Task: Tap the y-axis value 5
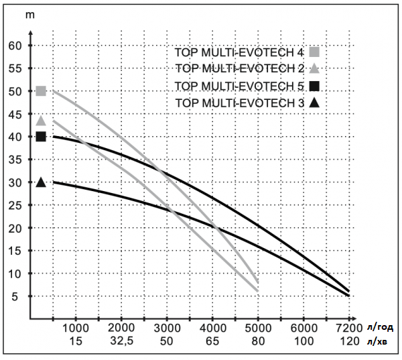tap(19, 296)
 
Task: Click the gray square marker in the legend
tap(314, 52)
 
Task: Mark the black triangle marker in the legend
tap(314, 103)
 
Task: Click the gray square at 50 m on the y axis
tap(41, 91)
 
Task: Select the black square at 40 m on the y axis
tap(41, 136)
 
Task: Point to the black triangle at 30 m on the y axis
tap(41, 182)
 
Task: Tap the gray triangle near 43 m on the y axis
tap(41, 121)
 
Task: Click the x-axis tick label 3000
tap(167, 328)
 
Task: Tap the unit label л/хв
tap(378, 342)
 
